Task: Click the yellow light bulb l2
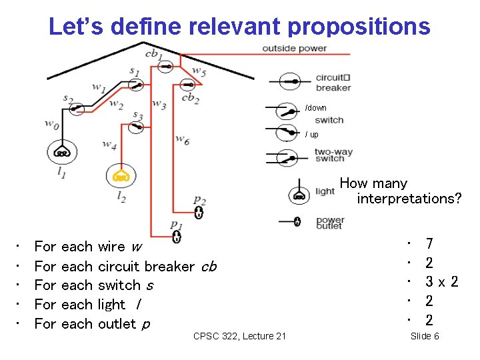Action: pyautogui.click(x=121, y=177)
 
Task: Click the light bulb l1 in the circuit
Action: pyautogui.click(x=62, y=152)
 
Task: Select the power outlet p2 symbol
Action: pyautogui.click(x=198, y=212)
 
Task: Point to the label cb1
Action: pyautogui.click(x=153, y=53)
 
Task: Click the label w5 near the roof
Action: pyautogui.click(x=199, y=71)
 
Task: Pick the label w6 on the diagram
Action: pyautogui.click(x=182, y=139)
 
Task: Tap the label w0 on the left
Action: pyautogui.click(x=51, y=123)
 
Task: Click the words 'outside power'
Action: pyautogui.click(x=294, y=48)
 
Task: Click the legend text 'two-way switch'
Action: pyautogui.click(x=333, y=155)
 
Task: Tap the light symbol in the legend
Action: pyautogui.click(x=299, y=195)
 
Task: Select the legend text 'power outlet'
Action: pyautogui.click(x=330, y=223)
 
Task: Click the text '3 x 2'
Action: pyautogui.click(x=442, y=282)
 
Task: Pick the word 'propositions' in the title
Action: pyautogui.click(x=359, y=26)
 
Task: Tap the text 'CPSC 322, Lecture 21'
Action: pyautogui.click(x=239, y=335)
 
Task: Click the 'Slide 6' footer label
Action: pyautogui.click(x=425, y=335)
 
